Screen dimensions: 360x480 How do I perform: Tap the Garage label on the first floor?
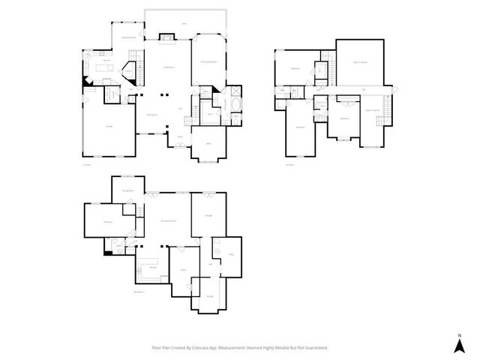point(109,126)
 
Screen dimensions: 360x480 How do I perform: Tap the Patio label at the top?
point(184,24)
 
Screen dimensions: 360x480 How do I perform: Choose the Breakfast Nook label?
point(128,36)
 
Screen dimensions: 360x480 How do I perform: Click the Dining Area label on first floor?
point(151,113)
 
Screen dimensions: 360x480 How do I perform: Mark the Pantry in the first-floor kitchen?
point(128,71)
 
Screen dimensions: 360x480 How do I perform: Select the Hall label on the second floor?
point(363,90)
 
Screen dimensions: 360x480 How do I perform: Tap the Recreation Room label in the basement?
point(169,220)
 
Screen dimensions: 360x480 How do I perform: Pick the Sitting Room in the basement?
point(127,190)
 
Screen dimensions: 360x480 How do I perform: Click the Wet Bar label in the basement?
point(152,268)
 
